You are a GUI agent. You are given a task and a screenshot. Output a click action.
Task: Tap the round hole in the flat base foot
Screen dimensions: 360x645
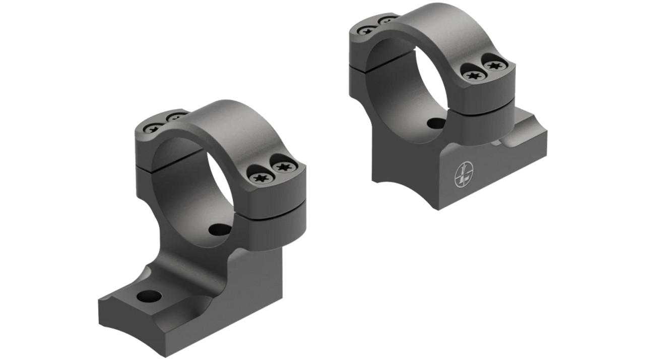coord(151,296)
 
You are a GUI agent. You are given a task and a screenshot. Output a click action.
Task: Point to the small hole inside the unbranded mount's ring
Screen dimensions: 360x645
coord(220,230)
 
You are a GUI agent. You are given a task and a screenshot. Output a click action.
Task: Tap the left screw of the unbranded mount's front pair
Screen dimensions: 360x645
coord(261,177)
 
